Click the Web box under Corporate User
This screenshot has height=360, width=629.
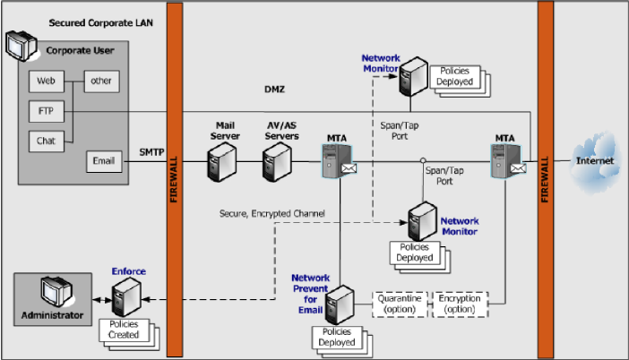(45, 82)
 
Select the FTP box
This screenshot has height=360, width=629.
(45, 112)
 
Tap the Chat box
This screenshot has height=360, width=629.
(45, 141)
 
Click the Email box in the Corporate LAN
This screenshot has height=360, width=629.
(101, 161)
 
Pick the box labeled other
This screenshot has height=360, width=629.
(99, 82)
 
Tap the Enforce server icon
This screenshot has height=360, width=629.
(124, 296)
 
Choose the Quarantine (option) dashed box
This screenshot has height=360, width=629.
(400, 304)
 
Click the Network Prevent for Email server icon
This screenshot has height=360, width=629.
(338, 305)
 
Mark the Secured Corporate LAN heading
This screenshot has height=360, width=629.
(87, 21)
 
